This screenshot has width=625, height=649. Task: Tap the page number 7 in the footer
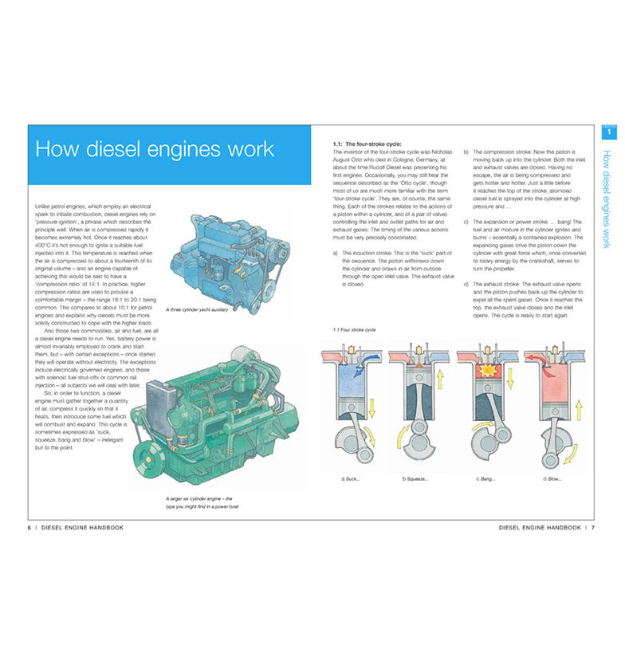tap(593, 528)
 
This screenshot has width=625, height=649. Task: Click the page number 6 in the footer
tap(29, 528)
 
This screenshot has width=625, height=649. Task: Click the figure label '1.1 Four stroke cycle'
tap(354, 329)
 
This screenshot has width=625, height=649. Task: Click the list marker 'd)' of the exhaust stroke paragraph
tap(466, 284)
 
